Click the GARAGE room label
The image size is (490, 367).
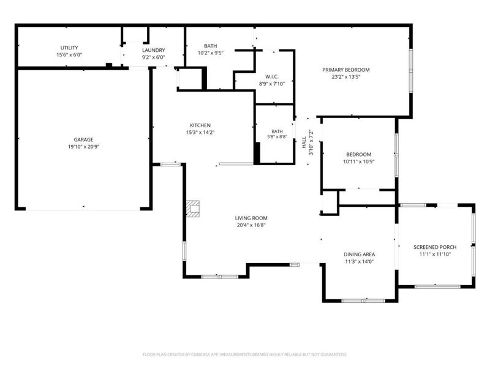pyautogui.click(x=83, y=139)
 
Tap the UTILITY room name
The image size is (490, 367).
pyautogui.click(x=69, y=48)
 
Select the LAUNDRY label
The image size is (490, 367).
pyautogui.click(x=154, y=50)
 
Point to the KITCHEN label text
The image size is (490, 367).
pyautogui.click(x=200, y=125)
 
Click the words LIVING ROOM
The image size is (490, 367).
pyautogui.click(x=251, y=218)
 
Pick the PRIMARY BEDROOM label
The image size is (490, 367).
pyautogui.click(x=346, y=70)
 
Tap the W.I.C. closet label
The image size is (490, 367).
pyautogui.click(x=272, y=77)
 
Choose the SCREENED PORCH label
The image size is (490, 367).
pyautogui.click(x=435, y=247)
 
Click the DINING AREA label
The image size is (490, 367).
pyautogui.click(x=360, y=254)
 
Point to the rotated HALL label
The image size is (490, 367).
pyautogui.click(x=304, y=143)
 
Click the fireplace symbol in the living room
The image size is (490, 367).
pyautogui.click(x=193, y=209)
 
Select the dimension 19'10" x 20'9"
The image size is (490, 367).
pyautogui.click(x=83, y=147)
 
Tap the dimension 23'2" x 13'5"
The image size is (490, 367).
pyautogui.click(x=346, y=77)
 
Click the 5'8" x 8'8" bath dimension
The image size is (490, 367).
pyautogui.click(x=277, y=136)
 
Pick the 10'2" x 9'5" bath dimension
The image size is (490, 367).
pyautogui.click(x=211, y=53)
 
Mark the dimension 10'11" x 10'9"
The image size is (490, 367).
pyautogui.click(x=359, y=161)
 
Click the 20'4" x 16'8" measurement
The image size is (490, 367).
pyautogui.click(x=251, y=225)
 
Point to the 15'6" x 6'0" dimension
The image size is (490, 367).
pyautogui.click(x=69, y=55)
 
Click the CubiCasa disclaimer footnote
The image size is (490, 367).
pyautogui.click(x=244, y=355)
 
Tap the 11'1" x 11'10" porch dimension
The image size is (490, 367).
pyautogui.click(x=435, y=254)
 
